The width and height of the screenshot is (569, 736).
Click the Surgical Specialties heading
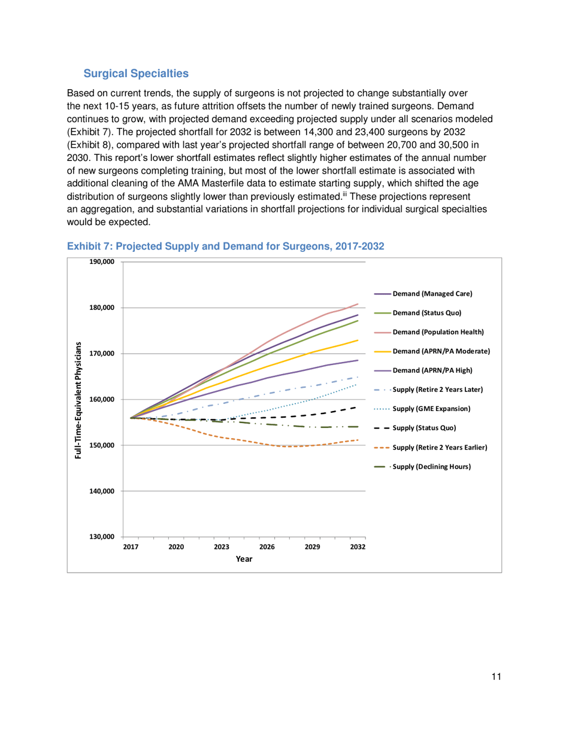pyautogui.click(x=136, y=74)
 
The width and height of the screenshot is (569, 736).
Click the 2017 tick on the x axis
pyautogui.click(x=131, y=547)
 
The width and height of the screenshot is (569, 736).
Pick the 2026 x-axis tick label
pyautogui.click(x=267, y=547)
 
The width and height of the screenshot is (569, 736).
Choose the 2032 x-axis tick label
pyautogui.click(x=358, y=547)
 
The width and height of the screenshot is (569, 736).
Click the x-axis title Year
pyautogui.click(x=244, y=559)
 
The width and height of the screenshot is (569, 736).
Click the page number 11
pyautogui.click(x=495, y=676)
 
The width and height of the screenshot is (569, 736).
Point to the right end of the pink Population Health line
pyautogui.click(x=358, y=304)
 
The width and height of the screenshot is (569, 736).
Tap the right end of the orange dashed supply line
pyautogui.click(x=358, y=440)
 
